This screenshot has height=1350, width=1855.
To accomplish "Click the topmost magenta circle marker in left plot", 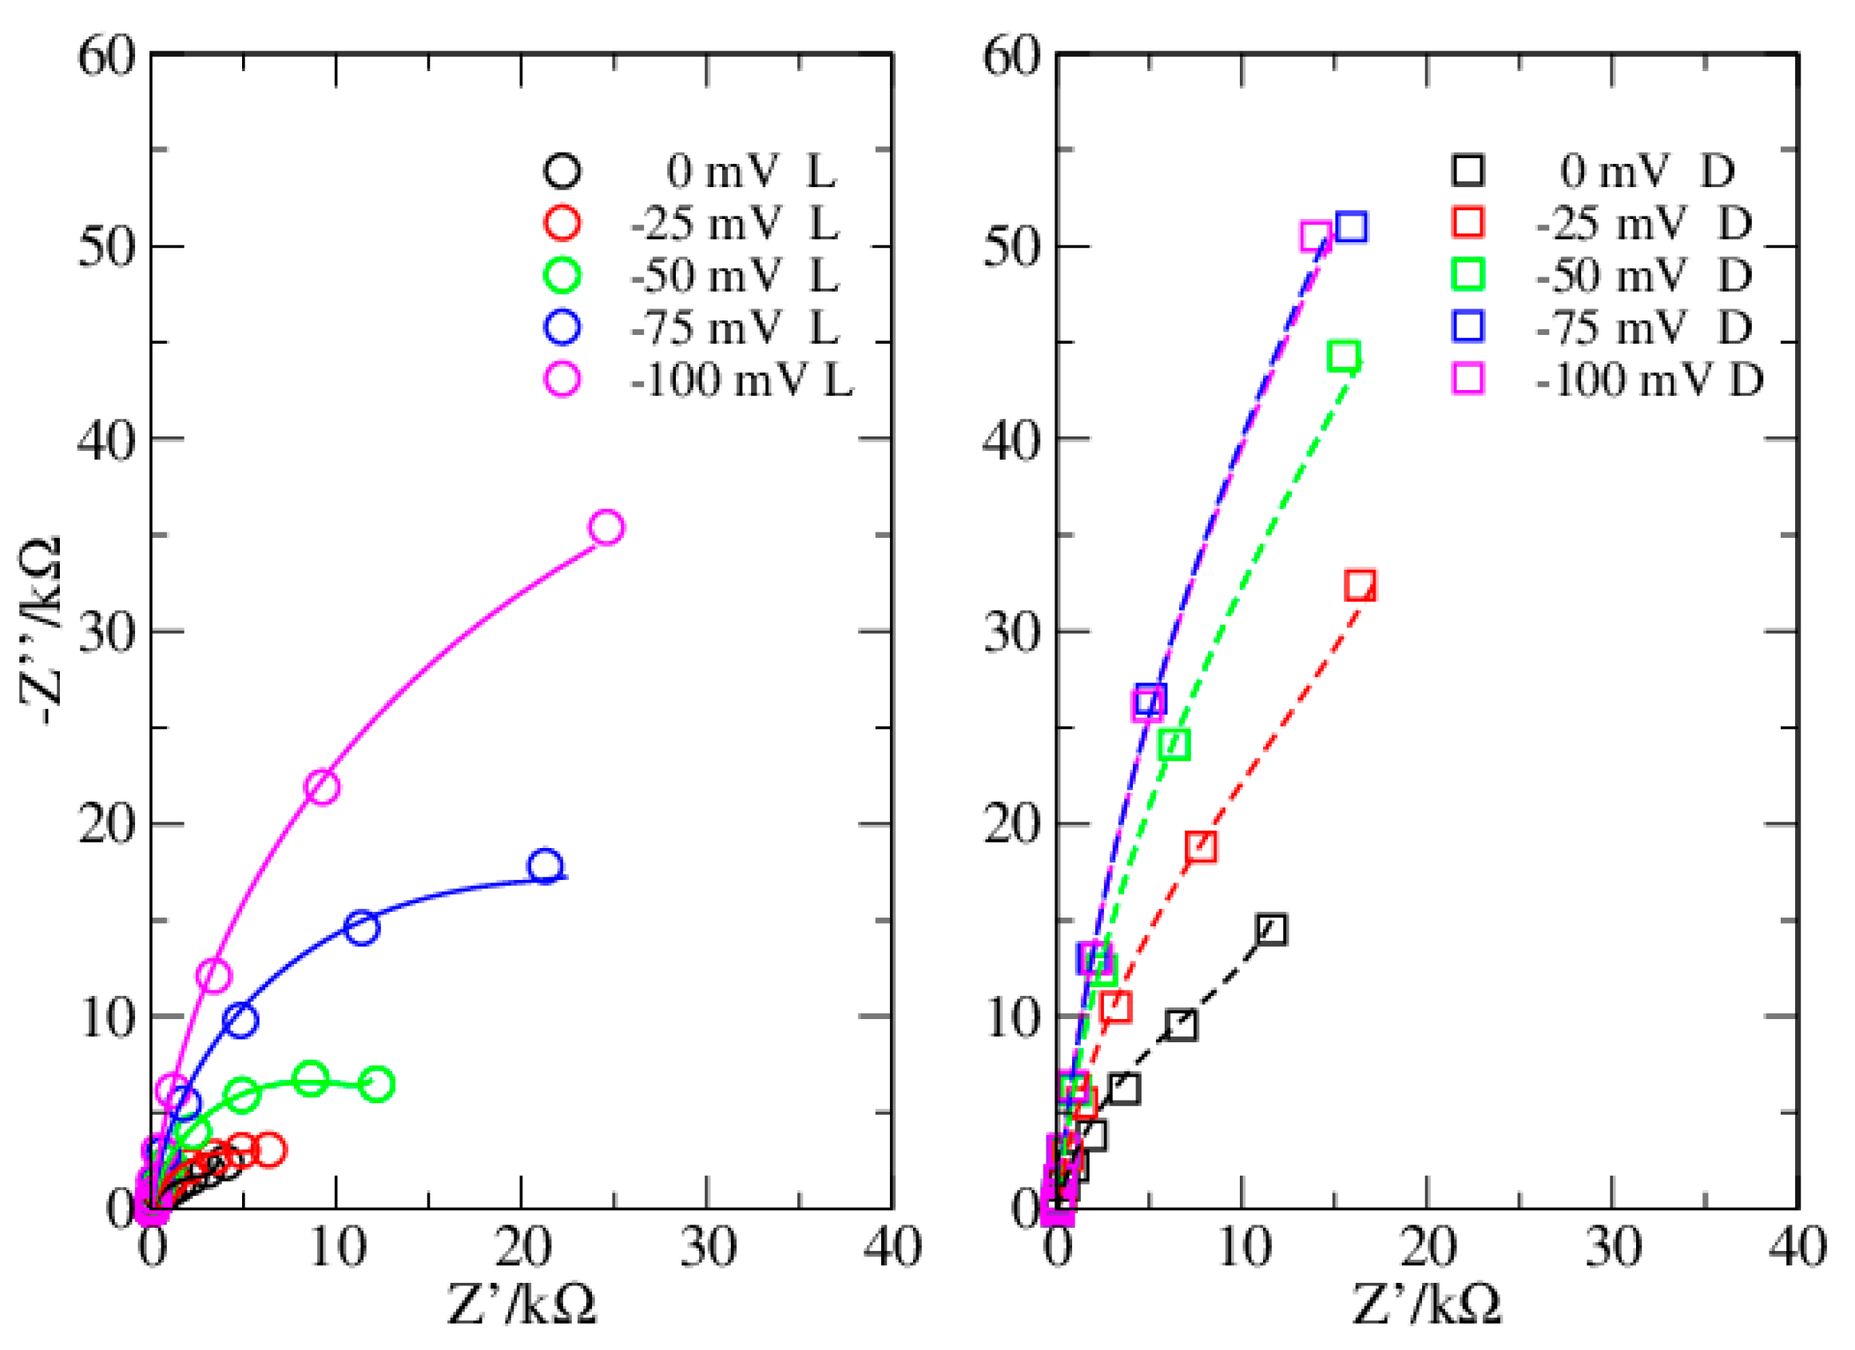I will click(606, 527).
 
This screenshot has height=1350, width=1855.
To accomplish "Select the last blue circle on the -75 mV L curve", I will click(546, 866).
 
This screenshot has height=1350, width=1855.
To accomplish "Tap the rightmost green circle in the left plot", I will click(377, 1084).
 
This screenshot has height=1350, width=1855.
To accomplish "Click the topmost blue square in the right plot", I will click(1351, 227).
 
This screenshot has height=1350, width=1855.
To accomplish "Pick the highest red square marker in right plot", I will click(1360, 585).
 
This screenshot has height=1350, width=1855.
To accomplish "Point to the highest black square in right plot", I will click(1271, 930).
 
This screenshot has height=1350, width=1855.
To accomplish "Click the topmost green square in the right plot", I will click(1344, 356).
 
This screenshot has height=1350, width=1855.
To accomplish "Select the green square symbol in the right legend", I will click(1468, 275).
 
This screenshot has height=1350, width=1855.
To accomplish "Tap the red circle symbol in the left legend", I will click(562, 222).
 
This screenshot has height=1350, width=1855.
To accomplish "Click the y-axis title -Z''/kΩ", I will click(41, 630).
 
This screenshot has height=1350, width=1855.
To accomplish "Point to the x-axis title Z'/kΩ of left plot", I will click(522, 1304).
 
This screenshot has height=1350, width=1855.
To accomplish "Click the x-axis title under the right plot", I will click(1427, 1304).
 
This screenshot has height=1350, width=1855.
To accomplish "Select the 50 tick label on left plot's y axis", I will click(106, 245).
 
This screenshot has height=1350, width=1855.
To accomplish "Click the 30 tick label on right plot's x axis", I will click(1613, 1248).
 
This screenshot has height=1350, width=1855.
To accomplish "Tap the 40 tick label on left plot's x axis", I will click(893, 1248).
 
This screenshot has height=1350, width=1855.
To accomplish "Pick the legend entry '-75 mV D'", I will click(1643, 327).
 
